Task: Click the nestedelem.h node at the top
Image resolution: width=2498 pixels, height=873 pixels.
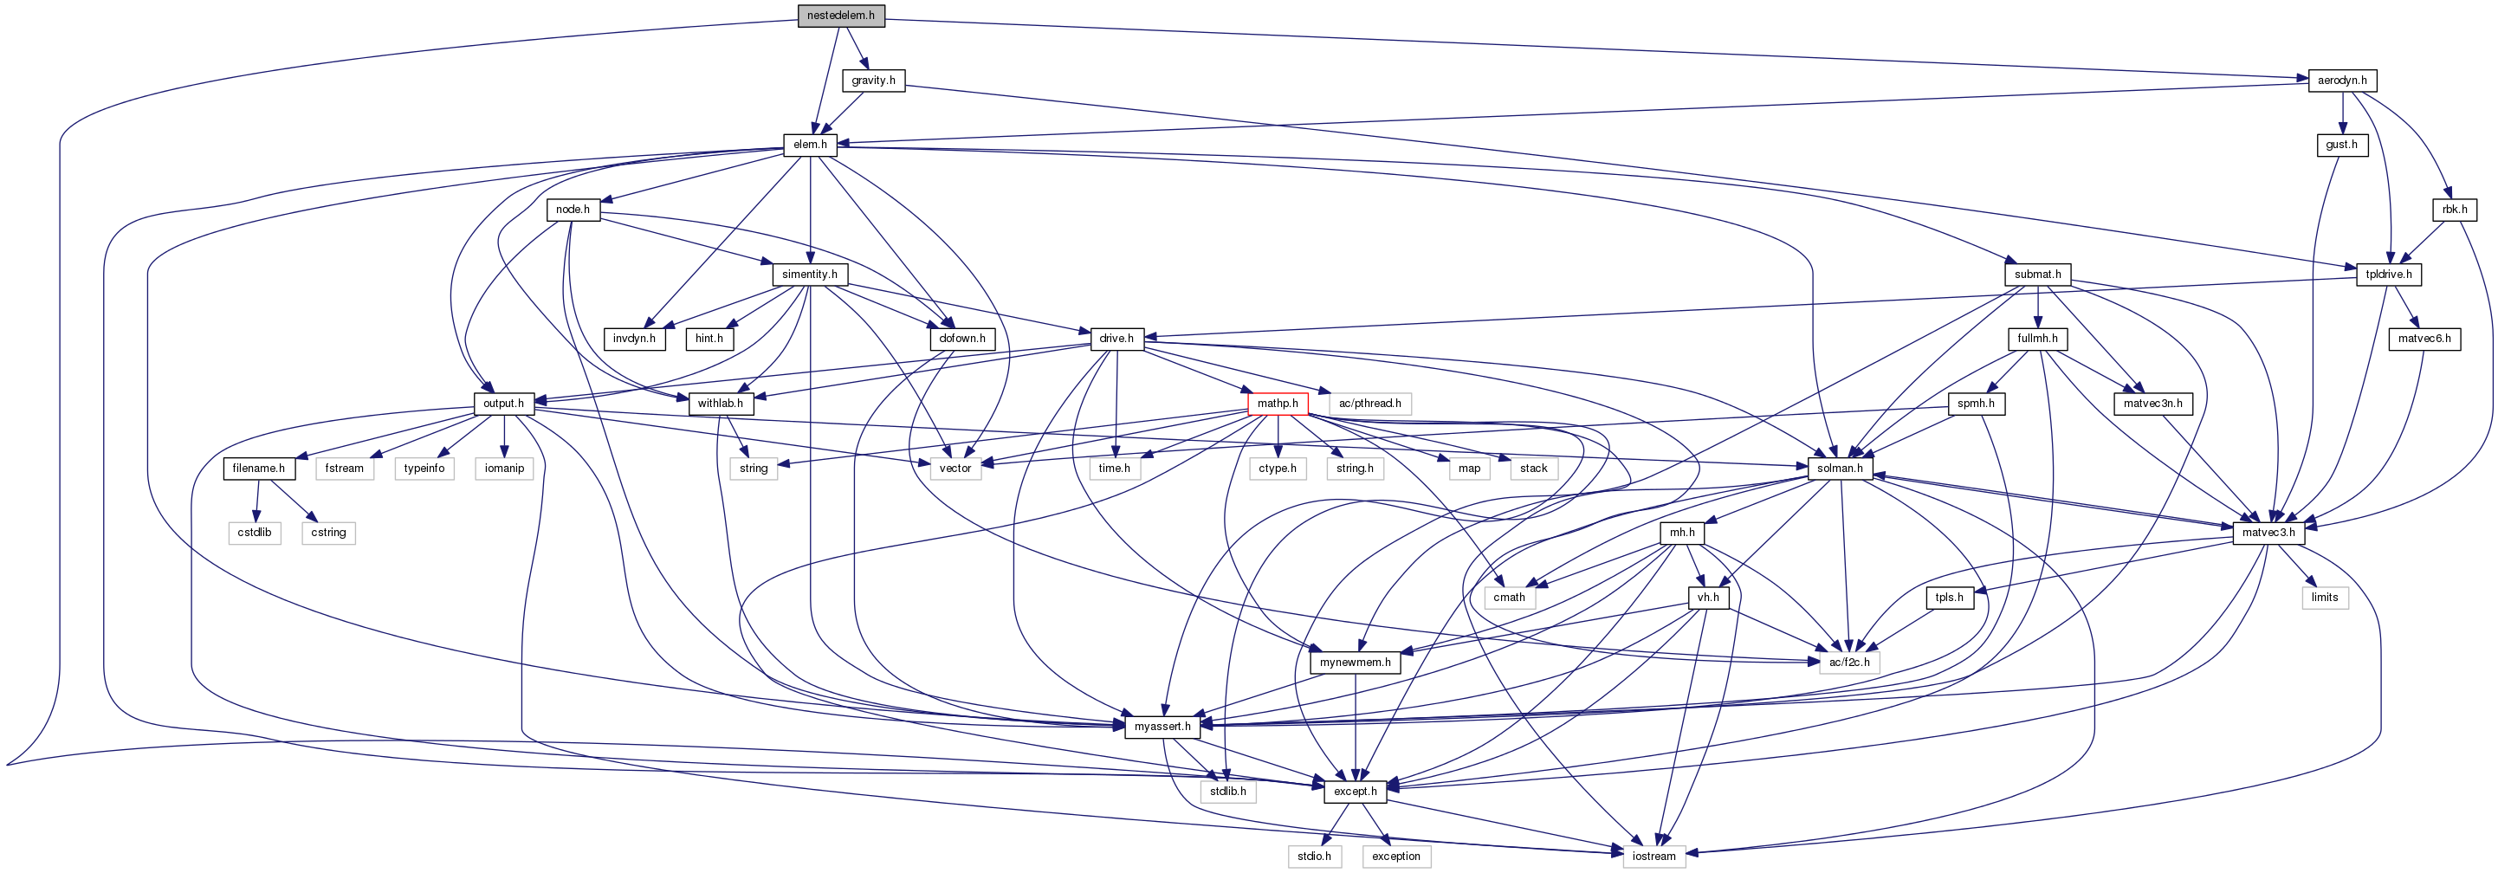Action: (x=841, y=16)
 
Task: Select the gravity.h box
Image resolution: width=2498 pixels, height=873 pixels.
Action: (x=873, y=81)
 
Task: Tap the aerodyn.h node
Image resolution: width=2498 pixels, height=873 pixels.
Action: (x=2342, y=81)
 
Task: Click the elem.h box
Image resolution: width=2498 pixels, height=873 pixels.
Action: (x=810, y=145)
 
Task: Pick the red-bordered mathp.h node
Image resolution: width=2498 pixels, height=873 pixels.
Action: (x=1277, y=404)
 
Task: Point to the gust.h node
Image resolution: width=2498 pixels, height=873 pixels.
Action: (x=2341, y=145)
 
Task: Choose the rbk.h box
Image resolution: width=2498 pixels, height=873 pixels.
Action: (x=2453, y=210)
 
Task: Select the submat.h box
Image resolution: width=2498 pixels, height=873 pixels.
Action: (x=2037, y=275)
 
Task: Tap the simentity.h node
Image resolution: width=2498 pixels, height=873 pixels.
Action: (x=810, y=275)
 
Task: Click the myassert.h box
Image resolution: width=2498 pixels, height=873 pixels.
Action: (x=1162, y=727)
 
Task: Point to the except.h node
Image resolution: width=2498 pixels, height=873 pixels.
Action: (x=1355, y=792)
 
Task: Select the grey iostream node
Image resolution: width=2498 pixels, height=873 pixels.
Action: (x=1653, y=857)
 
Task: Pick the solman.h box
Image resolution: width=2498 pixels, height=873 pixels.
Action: (x=1840, y=469)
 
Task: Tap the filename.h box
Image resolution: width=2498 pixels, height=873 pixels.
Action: (x=259, y=469)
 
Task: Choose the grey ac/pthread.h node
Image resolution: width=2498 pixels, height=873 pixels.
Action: (x=1369, y=404)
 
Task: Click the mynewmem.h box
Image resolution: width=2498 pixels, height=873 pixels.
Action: (x=1355, y=663)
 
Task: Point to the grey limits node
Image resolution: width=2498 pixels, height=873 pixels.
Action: (x=2325, y=598)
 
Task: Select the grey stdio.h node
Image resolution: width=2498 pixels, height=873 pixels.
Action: (x=1314, y=857)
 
